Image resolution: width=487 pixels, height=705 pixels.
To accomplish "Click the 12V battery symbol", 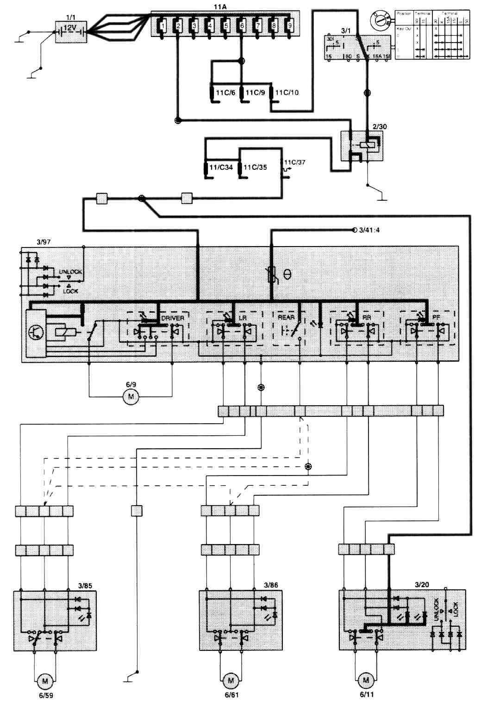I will point(69,31).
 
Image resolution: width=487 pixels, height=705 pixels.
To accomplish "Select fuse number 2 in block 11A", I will point(178,27).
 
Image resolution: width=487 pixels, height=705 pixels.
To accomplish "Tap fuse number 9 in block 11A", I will point(289,27).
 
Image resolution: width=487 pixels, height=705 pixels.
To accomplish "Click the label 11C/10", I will point(287,93).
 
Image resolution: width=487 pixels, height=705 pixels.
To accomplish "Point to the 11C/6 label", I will point(225,93).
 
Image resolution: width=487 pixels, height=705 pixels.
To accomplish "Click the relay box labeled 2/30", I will point(362,146).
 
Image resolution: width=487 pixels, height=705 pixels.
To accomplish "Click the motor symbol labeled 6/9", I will point(131,396).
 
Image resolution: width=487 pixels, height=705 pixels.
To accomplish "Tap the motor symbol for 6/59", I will point(44,680).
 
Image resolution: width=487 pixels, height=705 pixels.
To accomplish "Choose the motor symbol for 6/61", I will point(230,680).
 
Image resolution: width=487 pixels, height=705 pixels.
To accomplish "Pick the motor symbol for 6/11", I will point(366,680).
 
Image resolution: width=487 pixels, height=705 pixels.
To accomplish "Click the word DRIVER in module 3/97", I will point(172,318).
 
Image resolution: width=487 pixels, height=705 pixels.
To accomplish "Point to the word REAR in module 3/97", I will point(286,318).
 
